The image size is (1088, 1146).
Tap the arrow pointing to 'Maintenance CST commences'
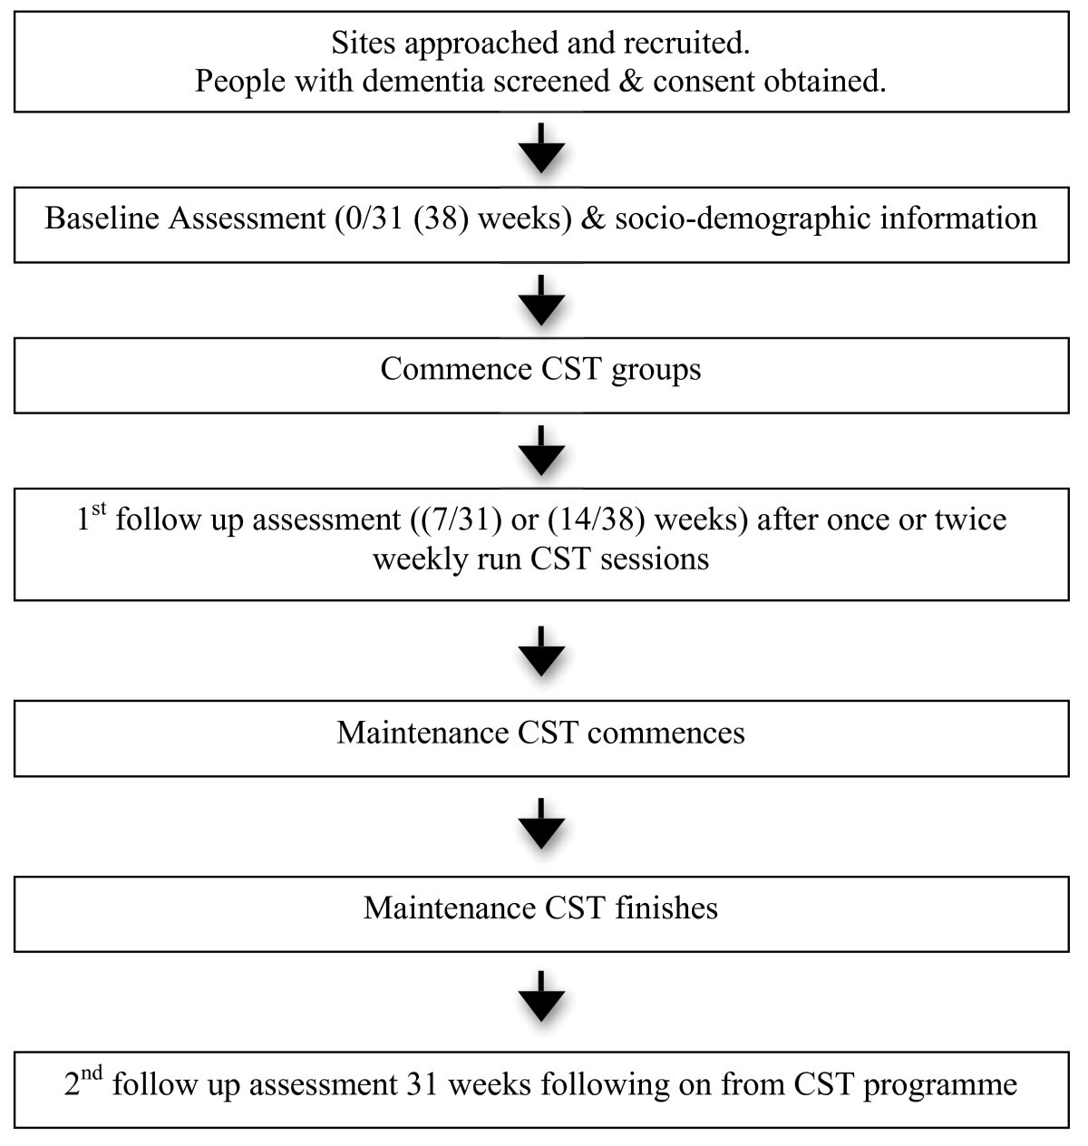[541, 651]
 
